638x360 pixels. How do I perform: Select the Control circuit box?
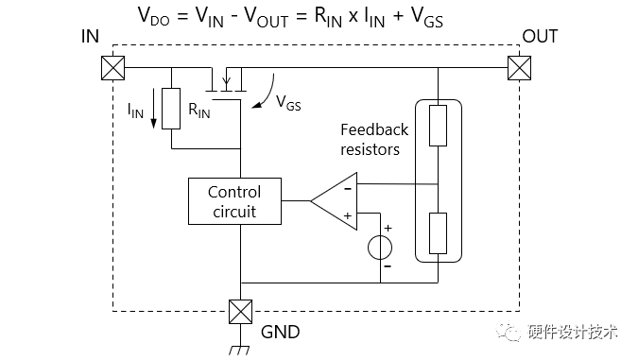point(233,201)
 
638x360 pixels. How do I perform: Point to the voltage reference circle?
point(380,248)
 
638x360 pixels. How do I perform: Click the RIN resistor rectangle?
point(171,109)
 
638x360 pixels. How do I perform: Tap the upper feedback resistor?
point(439,126)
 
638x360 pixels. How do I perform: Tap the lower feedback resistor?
point(439,232)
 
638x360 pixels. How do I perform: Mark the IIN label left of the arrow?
point(135,111)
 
